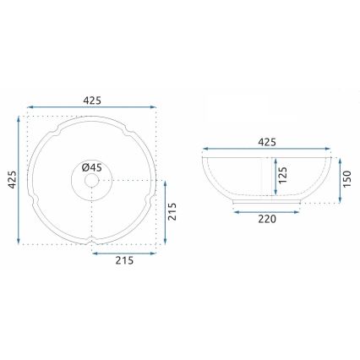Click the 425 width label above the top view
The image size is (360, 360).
tap(92, 100)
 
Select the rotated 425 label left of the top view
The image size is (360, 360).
tap(10, 180)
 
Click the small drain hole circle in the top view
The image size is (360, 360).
tap(91, 181)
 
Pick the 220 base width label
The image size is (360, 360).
tap(266, 218)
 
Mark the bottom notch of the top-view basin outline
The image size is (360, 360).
tap(91, 243)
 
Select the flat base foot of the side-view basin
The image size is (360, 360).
tap(266, 203)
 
